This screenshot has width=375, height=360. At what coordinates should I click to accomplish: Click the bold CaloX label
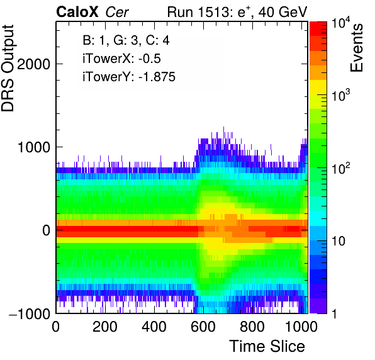tap(77, 12)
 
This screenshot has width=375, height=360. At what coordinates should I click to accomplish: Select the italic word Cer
tap(117, 12)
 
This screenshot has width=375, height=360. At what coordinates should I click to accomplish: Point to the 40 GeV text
tap(283, 12)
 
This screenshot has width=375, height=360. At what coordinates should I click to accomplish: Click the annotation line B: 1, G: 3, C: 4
tap(126, 40)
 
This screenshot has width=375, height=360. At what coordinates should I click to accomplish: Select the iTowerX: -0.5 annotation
tap(121, 59)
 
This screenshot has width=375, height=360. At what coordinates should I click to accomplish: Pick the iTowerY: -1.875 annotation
tap(129, 77)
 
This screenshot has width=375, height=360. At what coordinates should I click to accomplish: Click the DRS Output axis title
tap(8, 68)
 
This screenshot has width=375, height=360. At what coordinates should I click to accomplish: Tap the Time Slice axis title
tap(267, 346)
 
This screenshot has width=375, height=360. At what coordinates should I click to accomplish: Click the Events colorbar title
tap(356, 48)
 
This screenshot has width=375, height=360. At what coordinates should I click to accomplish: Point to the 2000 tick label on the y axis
tap(33, 64)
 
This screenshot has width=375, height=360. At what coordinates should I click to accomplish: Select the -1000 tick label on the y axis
tap(30, 313)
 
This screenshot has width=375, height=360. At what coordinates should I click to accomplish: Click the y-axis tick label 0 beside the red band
tap(46, 230)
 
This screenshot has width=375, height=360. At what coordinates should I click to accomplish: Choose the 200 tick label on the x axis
tap(105, 327)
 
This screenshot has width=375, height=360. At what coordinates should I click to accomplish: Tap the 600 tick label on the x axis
tap(203, 327)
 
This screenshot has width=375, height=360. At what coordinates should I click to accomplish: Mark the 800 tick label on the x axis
tap(252, 327)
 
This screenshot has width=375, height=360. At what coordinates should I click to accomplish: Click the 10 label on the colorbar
tap(339, 241)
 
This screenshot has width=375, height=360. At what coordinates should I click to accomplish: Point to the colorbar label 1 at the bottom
tap(334, 313)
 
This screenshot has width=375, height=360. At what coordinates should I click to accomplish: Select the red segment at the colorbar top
tap(318, 29)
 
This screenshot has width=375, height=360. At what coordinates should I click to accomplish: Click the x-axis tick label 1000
tap(301, 327)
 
